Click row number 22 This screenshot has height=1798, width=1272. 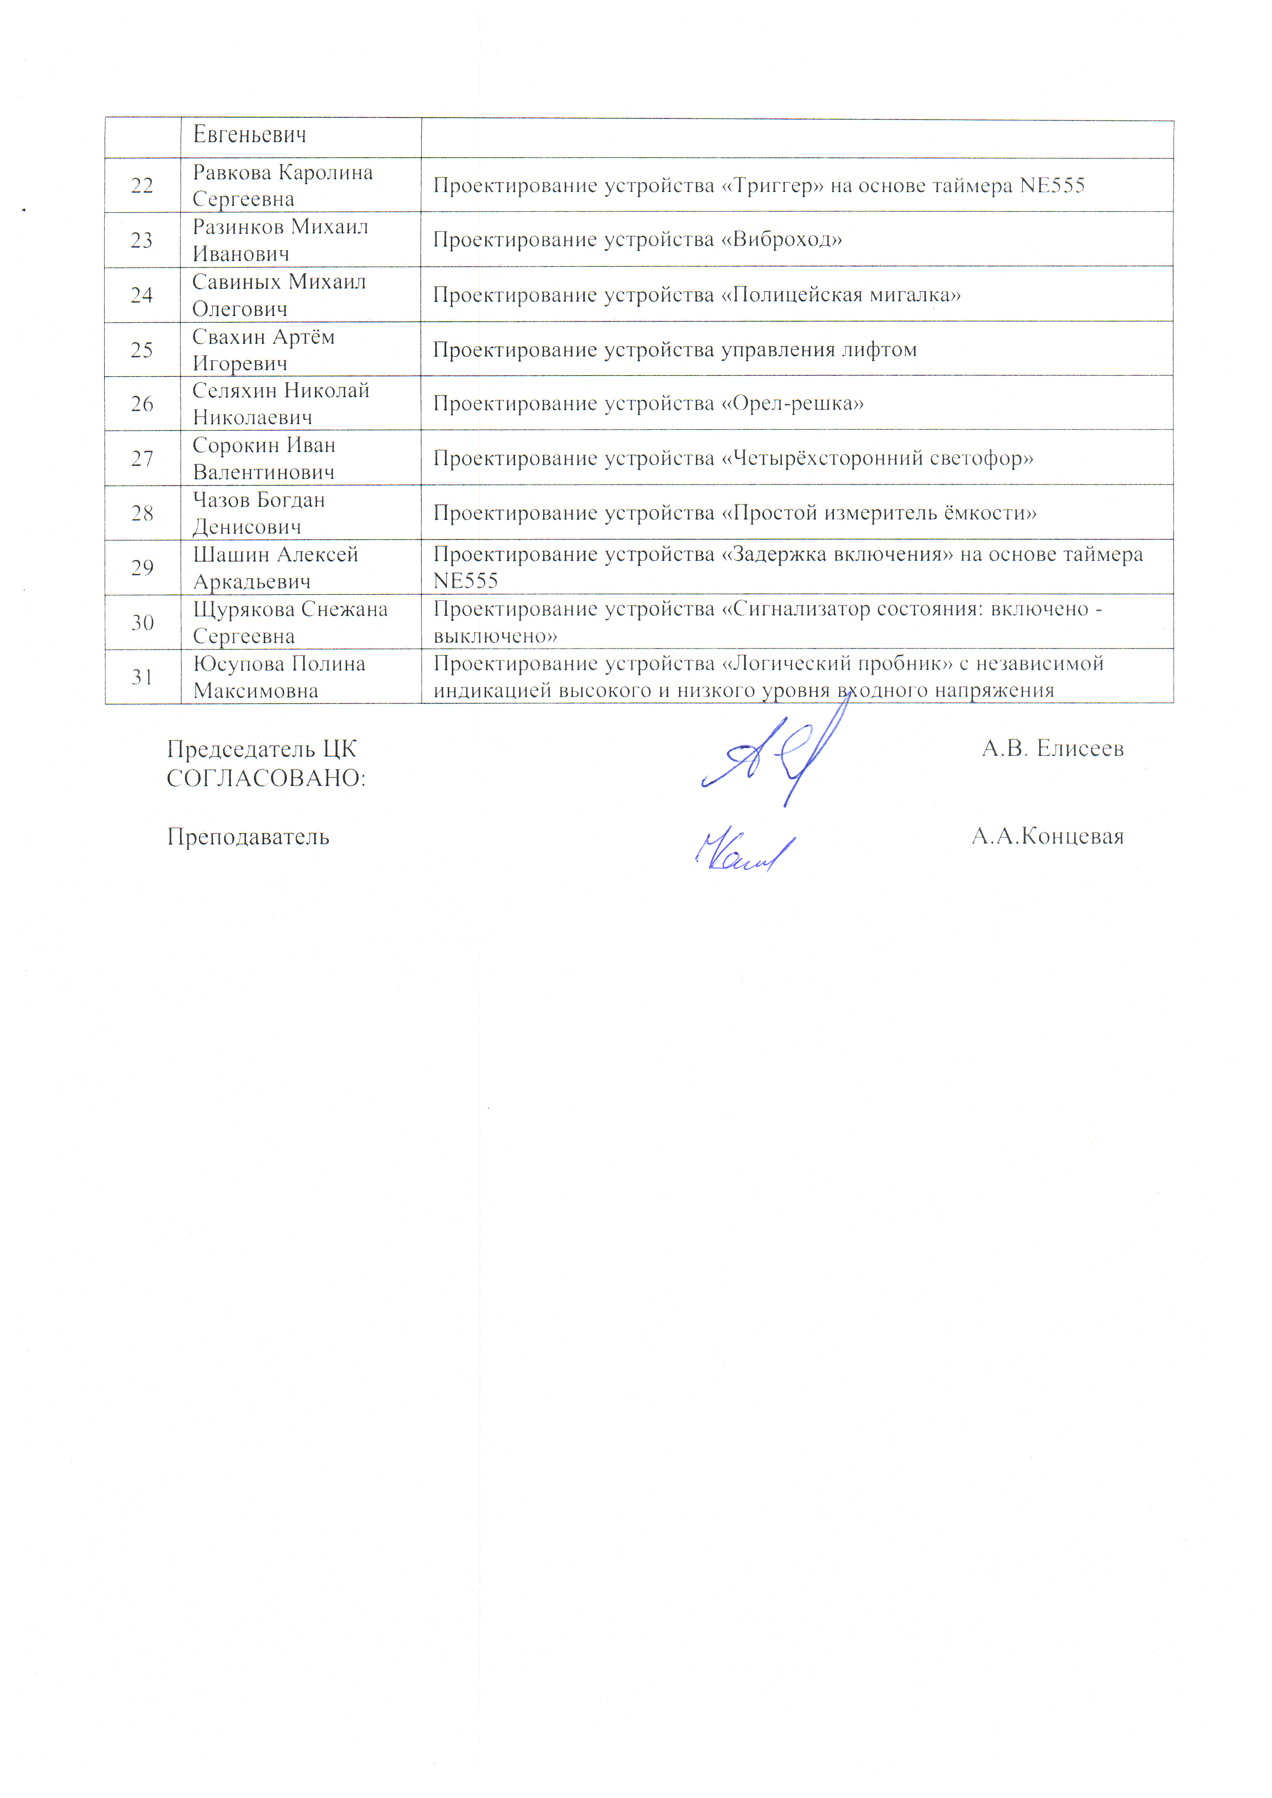[x=142, y=186]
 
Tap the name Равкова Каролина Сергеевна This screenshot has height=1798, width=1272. [x=282, y=186]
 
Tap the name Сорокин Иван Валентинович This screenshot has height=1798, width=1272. [x=264, y=458]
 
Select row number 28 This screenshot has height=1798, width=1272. [x=142, y=513]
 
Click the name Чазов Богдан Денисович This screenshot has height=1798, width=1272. [x=259, y=513]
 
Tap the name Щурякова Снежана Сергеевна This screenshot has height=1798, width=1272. [x=290, y=622]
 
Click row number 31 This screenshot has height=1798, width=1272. [x=142, y=677]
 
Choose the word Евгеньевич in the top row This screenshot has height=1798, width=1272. [x=250, y=135]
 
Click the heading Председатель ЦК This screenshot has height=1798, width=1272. [x=262, y=750]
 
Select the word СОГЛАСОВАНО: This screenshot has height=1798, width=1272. [x=266, y=778]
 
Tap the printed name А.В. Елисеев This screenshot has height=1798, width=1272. [x=1052, y=749]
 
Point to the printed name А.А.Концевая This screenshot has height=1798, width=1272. [x=1047, y=836]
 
